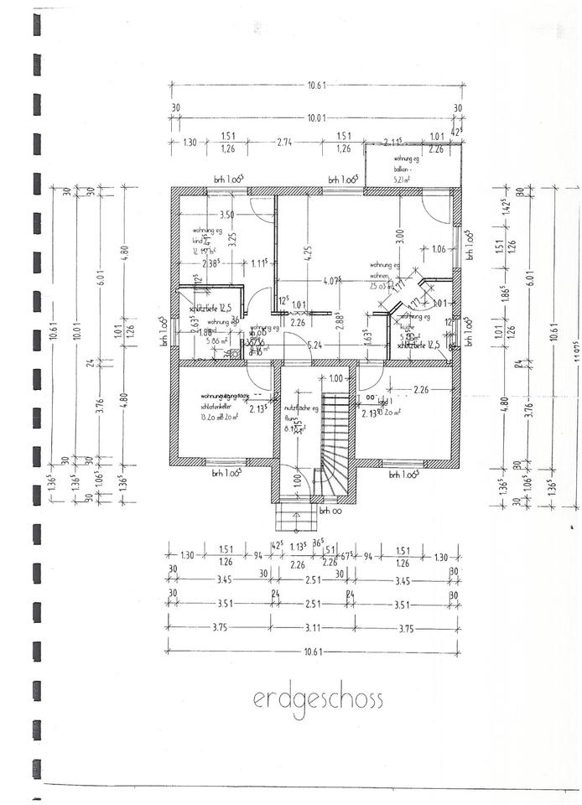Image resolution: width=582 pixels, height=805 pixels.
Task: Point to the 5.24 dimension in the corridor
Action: pyautogui.click(x=315, y=344)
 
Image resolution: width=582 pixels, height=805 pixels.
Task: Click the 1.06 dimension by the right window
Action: pyautogui.click(x=439, y=248)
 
